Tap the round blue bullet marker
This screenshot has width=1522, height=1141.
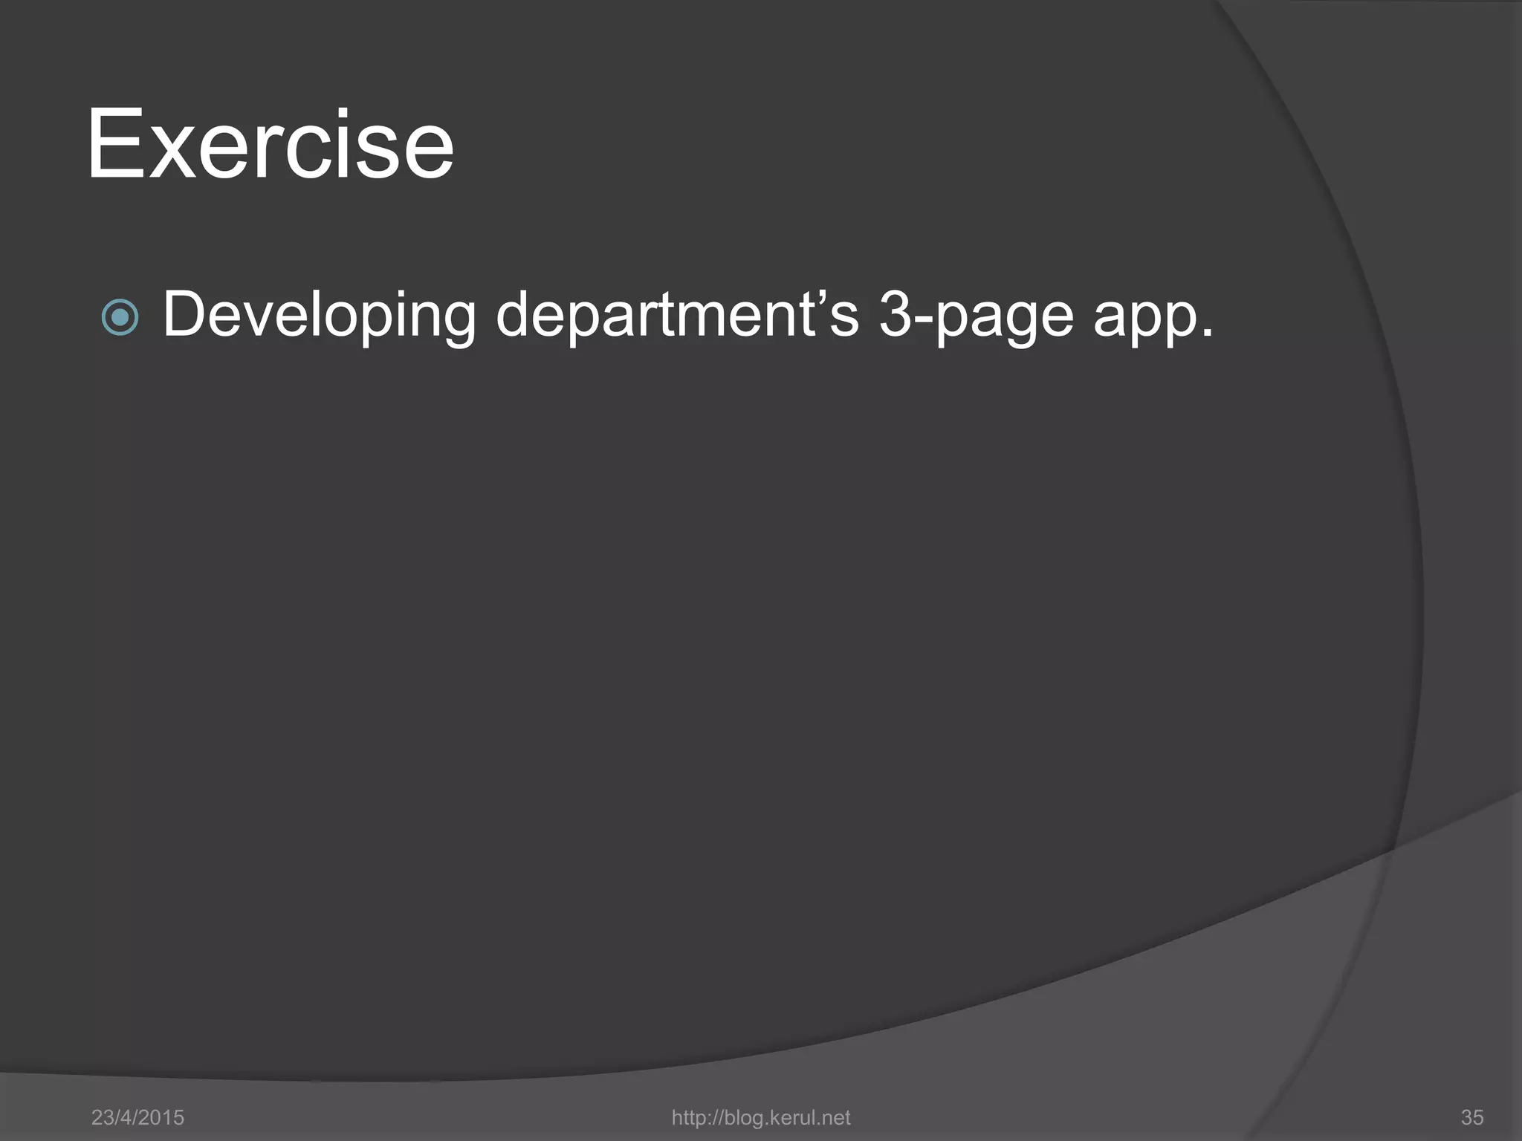pos(120,318)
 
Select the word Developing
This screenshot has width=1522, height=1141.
pos(318,316)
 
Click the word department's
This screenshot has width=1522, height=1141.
pos(676,316)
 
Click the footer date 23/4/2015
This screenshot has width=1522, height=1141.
pos(137,1117)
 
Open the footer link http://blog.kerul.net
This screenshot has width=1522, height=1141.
pos(760,1117)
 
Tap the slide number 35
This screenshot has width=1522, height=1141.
pos(1472,1117)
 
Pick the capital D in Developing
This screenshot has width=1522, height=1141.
pos(184,314)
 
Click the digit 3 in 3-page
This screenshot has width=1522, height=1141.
pos(895,314)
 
